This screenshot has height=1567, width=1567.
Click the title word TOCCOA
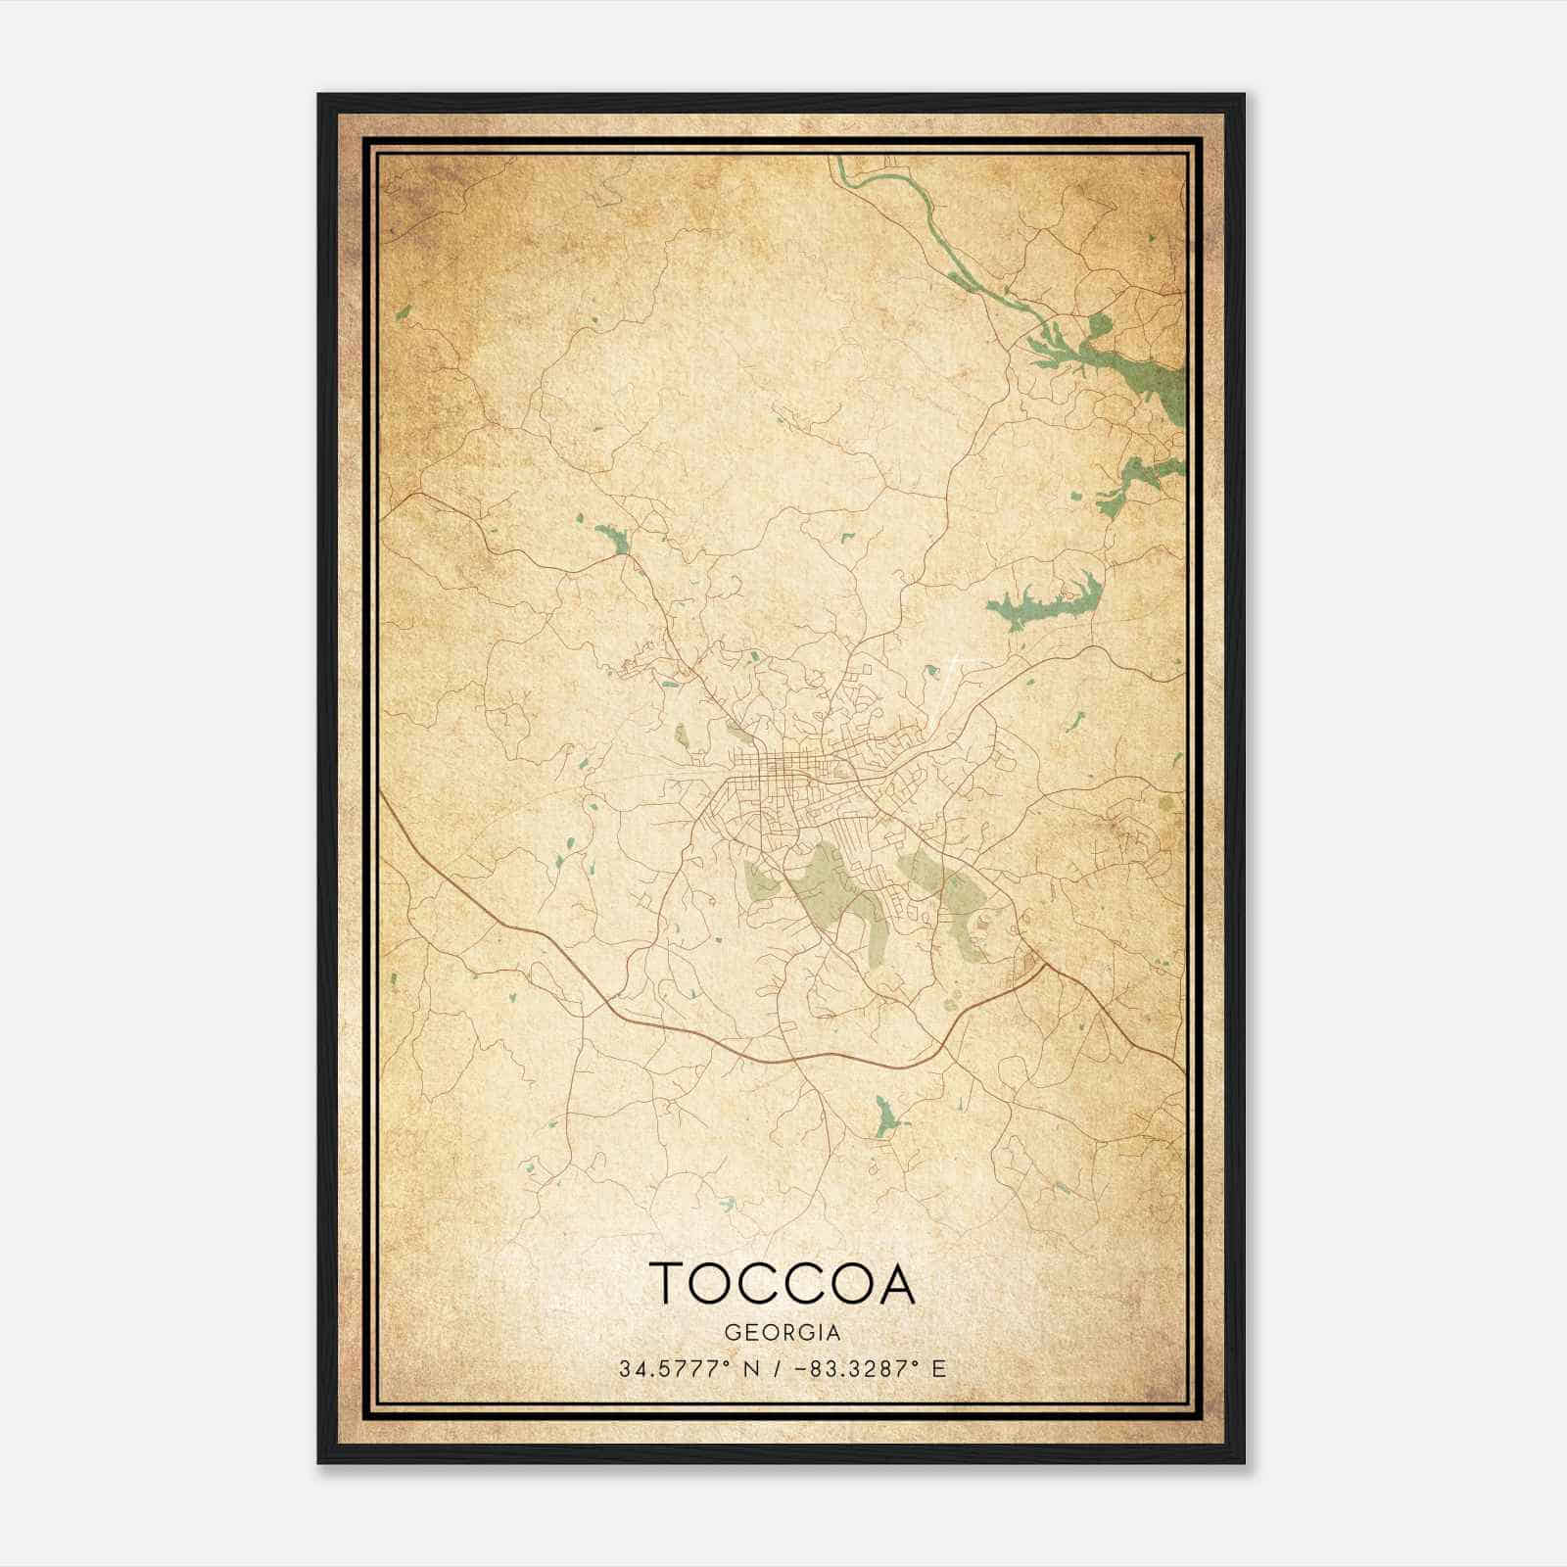(782, 1283)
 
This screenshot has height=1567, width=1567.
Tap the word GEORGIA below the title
(782, 1332)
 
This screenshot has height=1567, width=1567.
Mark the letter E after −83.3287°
(939, 1368)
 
